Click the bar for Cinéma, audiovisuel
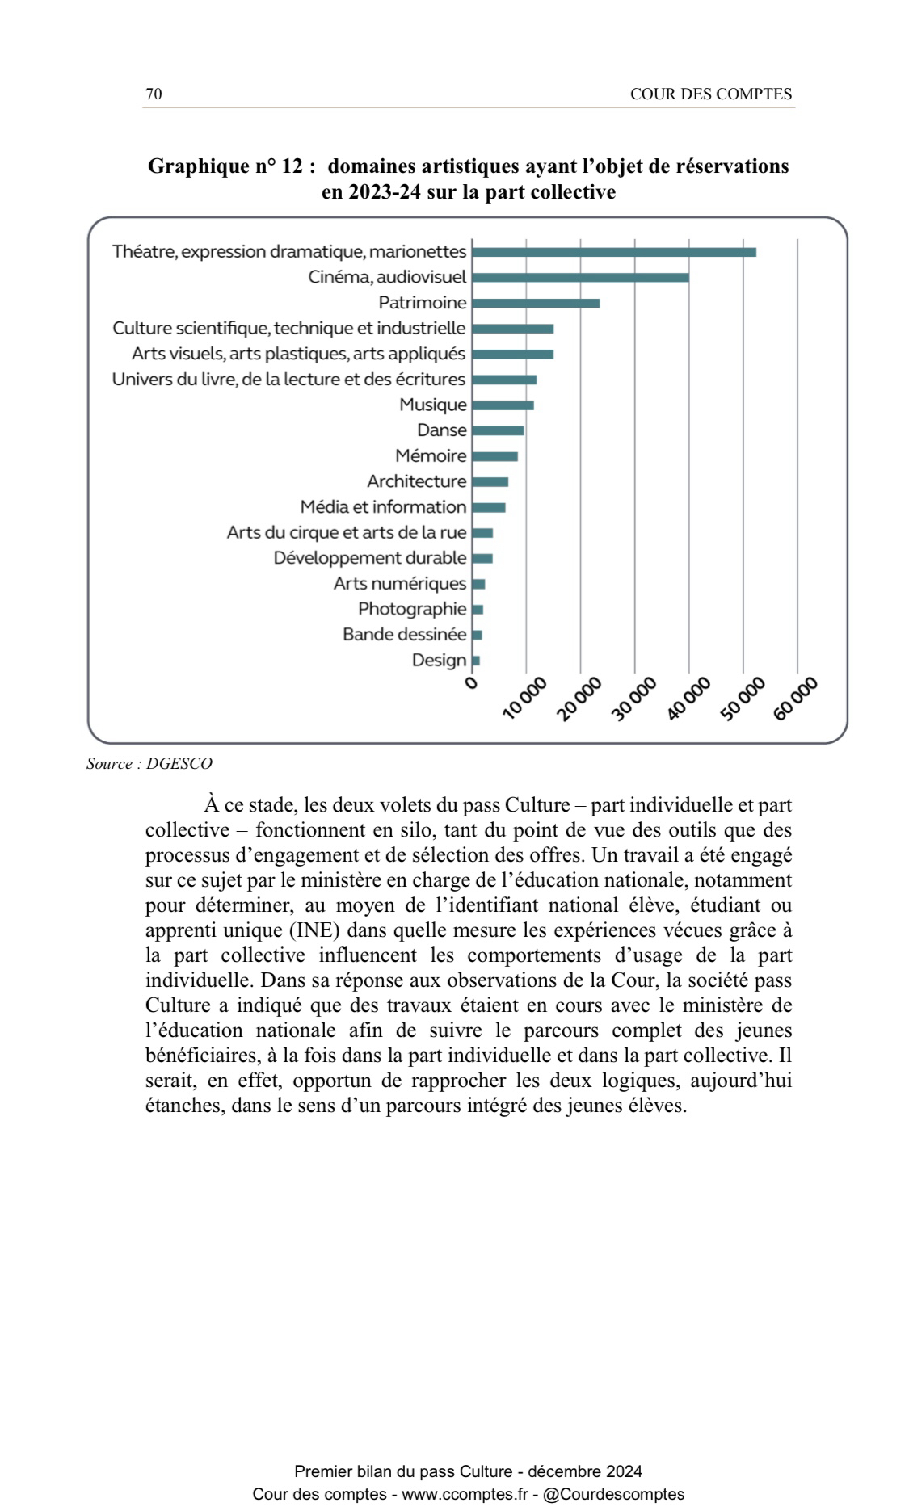pyautogui.click(x=580, y=278)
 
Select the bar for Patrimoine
pyautogui.click(x=536, y=304)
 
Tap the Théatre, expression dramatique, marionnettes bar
pyautogui.click(x=614, y=252)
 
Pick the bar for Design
pyautogui.click(x=476, y=661)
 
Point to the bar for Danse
pyautogui.click(x=498, y=430)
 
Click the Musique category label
pyautogui.click(x=433, y=405)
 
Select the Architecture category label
pyautogui.click(x=417, y=482)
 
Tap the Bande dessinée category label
pyautogui.click(x=405, y=635)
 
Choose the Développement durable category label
pyautogui.click(x=370, y=558)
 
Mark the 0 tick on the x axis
pyautogui.click(x=472, y=683)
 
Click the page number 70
pyautogui.click(x=154, y=94)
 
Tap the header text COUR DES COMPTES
pyautogui.click(x=711, y=94)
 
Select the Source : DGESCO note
pyautogui.click(x=149, y=764)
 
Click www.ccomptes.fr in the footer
pyautogui.click(x=465, y=1495)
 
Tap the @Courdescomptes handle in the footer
pyautogui.click(x=614, y=1495)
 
